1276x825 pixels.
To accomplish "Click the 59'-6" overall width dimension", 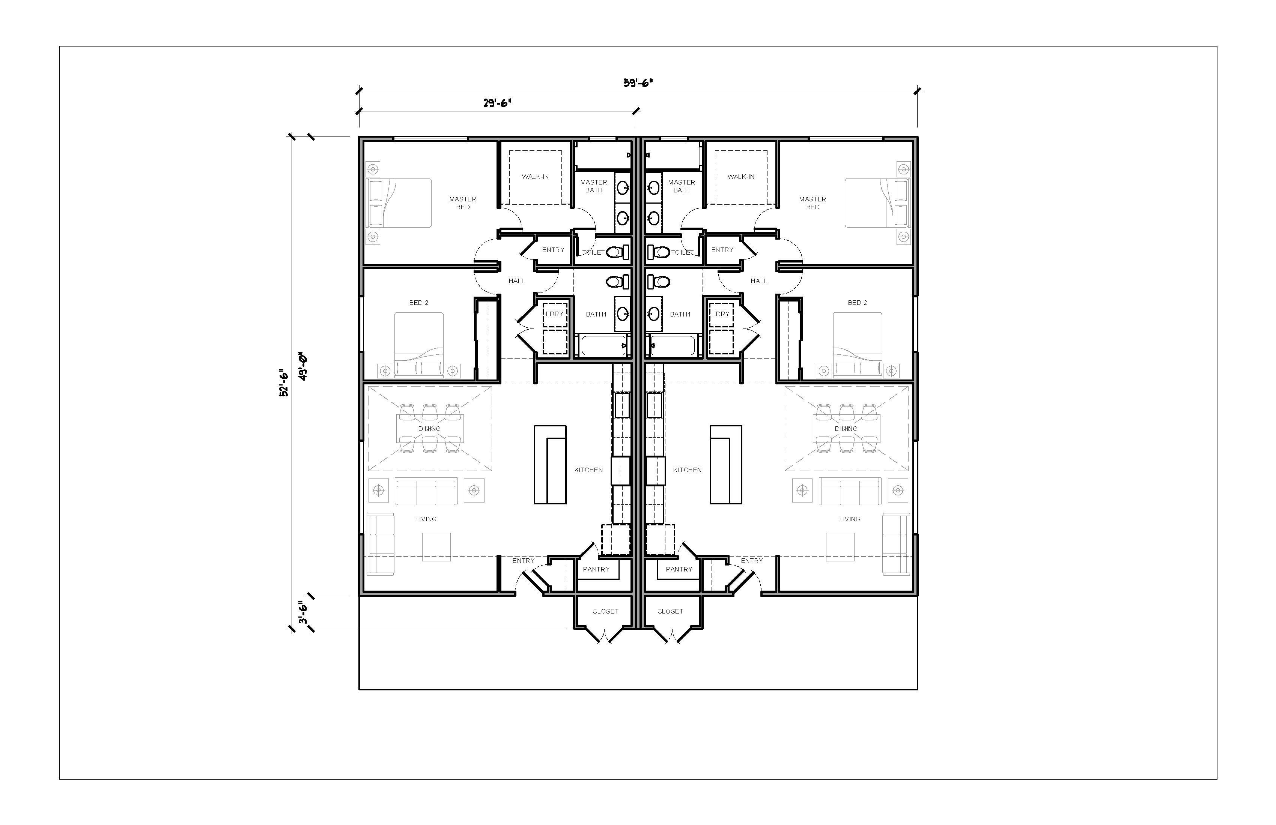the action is (x=638, y=83).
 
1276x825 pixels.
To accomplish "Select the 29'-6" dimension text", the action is (x=498, y=103).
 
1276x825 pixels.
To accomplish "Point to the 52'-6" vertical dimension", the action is (x=284, y=385).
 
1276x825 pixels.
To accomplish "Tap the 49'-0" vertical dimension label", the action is (x=304, y=366).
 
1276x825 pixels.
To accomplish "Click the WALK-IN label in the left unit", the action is (x=535, y=177).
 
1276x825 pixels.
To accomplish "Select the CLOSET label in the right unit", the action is (x=670, y=611).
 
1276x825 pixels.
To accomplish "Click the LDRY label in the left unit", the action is (x=554, y=314).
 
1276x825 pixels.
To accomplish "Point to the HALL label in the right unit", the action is (x=758, y=281).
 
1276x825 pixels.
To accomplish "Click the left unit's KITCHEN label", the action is (x=589, y=470).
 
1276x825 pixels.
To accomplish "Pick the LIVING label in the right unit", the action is (x=849, y=519).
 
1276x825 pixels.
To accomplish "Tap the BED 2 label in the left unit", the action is (x=419, y=303).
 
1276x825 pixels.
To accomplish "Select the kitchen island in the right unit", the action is (x=726, y=465).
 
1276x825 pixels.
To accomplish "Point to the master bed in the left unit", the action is (x=399, y=203).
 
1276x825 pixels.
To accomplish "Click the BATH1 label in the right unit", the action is (x=680, y=315).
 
